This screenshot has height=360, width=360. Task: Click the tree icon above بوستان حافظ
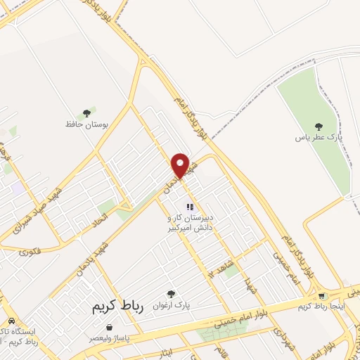pos(87,112)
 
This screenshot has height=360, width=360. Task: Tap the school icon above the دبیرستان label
pos(189,207)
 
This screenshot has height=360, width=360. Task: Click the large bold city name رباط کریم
pos(117,308)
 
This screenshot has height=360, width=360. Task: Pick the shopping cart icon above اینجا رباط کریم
pos(322,296)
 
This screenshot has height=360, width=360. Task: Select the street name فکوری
pos(30,251)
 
